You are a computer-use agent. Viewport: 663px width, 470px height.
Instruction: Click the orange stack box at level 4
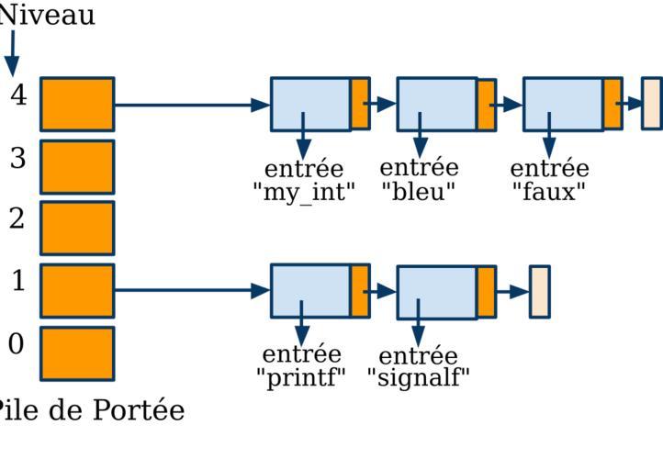coord(77,104)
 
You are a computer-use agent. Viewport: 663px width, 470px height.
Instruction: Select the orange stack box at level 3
coord(77,166)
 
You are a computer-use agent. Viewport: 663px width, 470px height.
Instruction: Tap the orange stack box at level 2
coord(77,228)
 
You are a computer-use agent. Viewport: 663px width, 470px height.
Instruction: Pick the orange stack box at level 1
coord(77,290)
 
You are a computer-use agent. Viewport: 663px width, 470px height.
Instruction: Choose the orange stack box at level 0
coord(77,352)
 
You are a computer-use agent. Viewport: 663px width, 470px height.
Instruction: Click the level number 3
coord(18,158)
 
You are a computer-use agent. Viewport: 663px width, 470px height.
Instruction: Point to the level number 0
coord(17,344)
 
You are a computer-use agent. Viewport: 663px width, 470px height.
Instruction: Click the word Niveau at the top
coord(48,16)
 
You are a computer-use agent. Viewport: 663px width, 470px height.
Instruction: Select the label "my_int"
coord(303,193)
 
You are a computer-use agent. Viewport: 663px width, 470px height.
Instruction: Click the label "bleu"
coord(419,192)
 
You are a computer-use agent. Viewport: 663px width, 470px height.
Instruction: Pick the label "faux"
coord(549,192)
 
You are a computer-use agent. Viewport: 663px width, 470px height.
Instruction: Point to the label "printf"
coord(301,376)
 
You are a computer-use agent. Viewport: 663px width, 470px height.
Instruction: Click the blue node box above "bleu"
coord(436,104)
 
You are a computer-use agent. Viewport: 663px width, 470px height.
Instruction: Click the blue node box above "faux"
coord(563,104)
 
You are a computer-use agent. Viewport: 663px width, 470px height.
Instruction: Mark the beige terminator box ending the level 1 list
coord(540,292)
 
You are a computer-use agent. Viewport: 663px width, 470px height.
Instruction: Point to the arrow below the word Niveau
coord(12,53)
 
